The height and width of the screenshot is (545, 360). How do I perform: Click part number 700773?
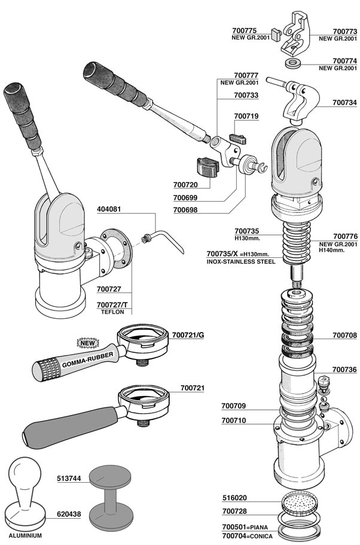click(x=344, y=31)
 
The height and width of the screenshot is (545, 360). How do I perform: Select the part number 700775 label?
click(x=244, y=31)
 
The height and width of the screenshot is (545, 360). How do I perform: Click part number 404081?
click(x=109, y=210)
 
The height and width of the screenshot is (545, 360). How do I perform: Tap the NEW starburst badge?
click(x=81, y=343)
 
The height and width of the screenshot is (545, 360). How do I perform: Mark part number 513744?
click(x=69, y=478)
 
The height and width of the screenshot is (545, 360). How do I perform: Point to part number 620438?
click(x=69, y=514)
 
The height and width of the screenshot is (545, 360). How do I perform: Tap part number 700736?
click(x=344, y=370)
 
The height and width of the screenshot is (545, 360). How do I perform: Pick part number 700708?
click(x=344, y=336)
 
